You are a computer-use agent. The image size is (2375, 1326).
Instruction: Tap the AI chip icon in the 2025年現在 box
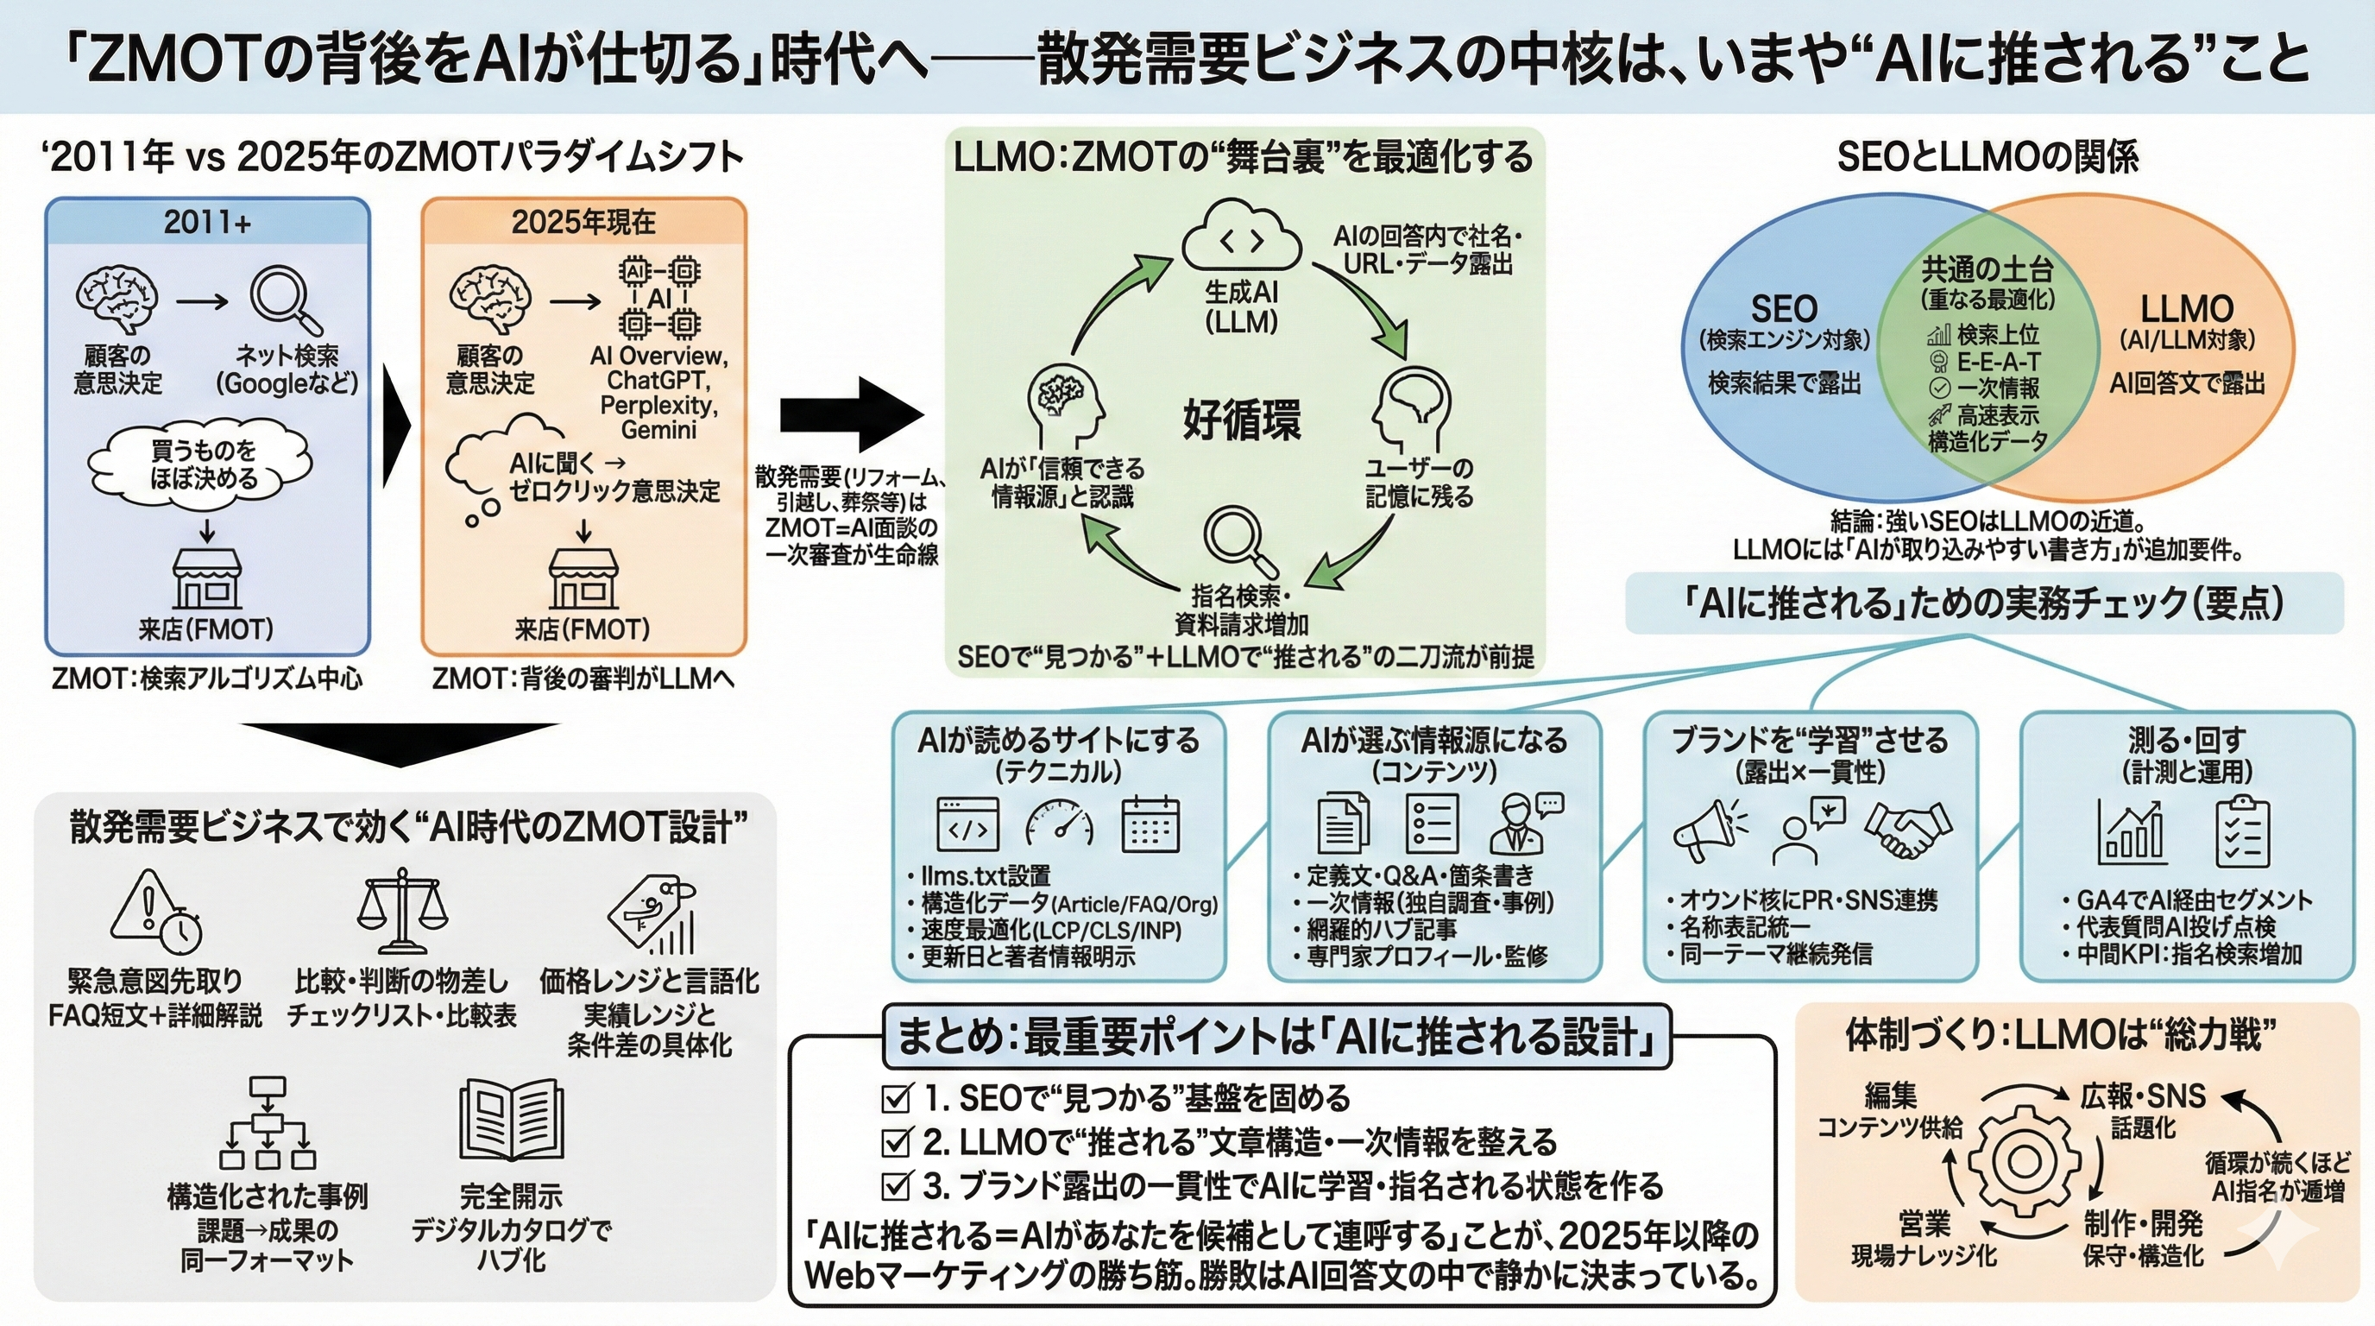[659, 298]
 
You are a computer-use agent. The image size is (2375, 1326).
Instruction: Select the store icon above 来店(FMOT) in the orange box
[583, 579]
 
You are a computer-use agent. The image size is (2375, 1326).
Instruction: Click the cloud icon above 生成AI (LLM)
[1241, 238]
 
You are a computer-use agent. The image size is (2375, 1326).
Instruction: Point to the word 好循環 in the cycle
[1241, 420]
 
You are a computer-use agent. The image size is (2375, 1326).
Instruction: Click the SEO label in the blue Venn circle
[1784, 309]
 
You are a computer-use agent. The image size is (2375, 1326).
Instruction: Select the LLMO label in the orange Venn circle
[2186, 309]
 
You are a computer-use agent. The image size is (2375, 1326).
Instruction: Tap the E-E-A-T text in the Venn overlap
[1998, 362]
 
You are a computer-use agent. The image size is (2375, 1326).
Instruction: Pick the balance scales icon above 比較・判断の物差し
[401, 908]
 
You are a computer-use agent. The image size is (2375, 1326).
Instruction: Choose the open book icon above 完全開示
[511, 1121]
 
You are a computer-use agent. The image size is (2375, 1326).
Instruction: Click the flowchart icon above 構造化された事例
[268, 1122]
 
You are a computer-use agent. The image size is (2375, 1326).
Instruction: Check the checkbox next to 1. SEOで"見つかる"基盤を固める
[896, 1098]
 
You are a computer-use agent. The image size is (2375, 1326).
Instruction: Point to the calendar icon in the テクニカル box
[1150, 824]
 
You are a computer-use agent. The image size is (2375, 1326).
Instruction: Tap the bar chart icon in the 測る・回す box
[2131, 830]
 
